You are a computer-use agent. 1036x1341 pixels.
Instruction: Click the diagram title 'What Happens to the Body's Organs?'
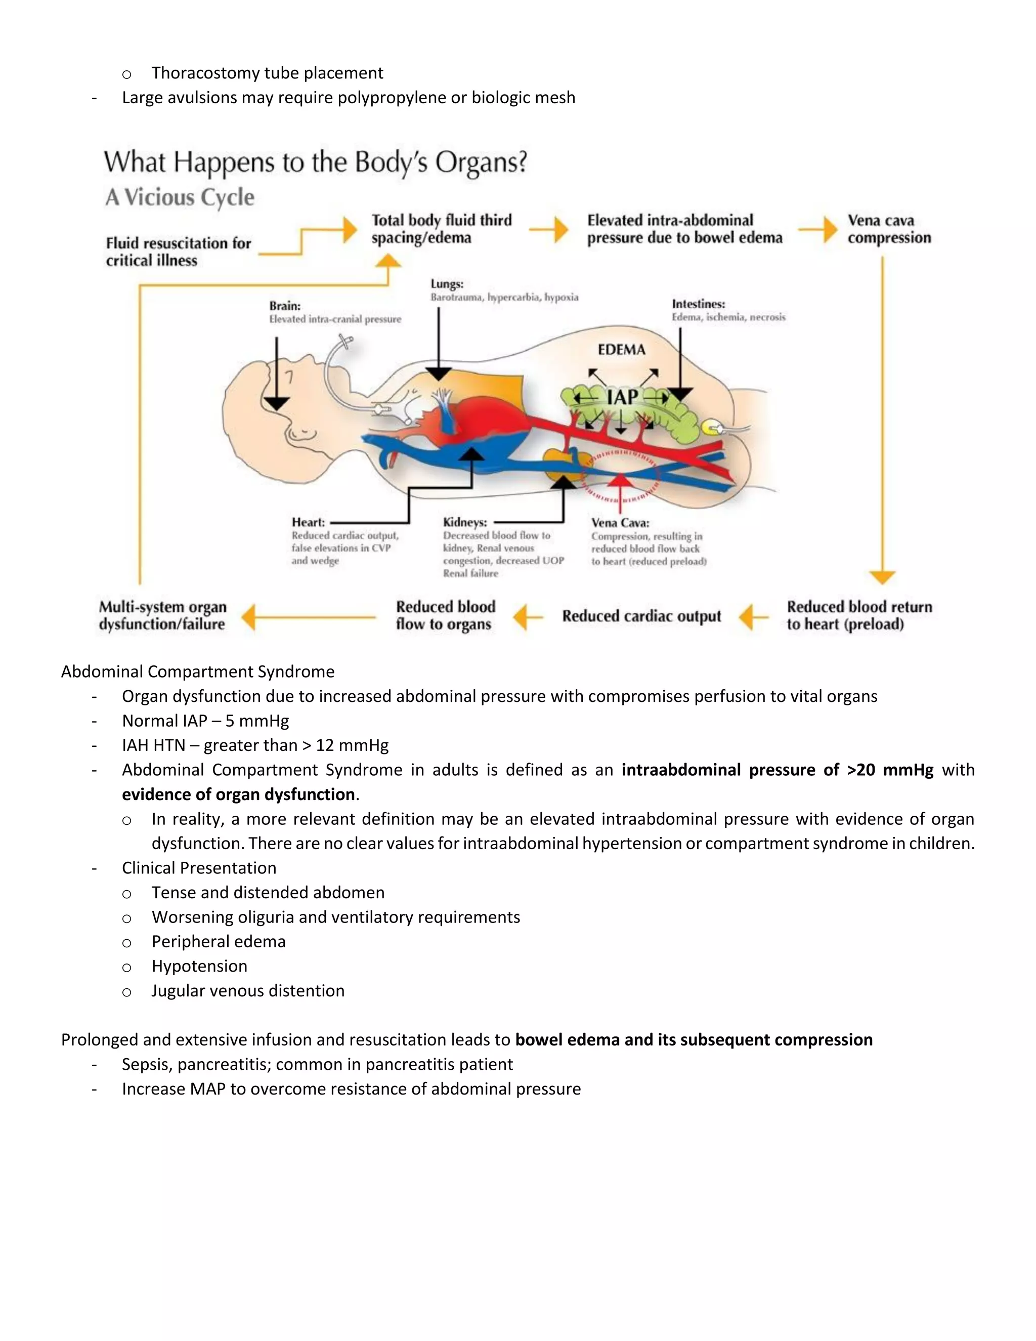click(315, 163)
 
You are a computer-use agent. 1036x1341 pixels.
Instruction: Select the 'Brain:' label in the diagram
click(285, 306)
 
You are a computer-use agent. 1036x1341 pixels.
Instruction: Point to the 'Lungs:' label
click(447, 284)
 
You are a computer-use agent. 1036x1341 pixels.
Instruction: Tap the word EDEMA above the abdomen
click(621, 350)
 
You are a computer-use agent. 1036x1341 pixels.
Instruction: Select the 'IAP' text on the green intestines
click(622, 398)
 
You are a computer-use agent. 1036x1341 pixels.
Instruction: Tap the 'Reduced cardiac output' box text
click(641, 616)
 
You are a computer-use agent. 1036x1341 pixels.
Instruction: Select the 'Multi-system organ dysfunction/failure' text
click(163, 615)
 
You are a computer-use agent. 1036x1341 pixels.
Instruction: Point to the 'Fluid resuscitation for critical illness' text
click(178, 252)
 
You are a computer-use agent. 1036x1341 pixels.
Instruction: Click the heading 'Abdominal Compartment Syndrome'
click(198, 671)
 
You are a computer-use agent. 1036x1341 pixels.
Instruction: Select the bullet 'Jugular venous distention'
click(248, 990)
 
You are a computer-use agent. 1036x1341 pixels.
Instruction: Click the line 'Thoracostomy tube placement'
click(267, 72)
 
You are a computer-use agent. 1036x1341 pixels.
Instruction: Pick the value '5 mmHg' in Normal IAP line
click(256, 720)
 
